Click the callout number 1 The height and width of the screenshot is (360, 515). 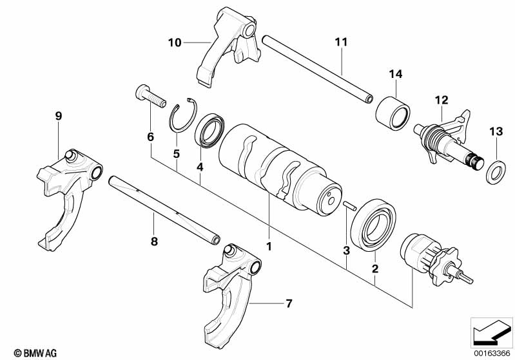[x=269, y=246]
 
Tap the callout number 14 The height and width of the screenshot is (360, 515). [x=395, y=75]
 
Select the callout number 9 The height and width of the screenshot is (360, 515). [x=59, y=116]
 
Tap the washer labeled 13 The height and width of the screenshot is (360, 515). [x=495, y=171]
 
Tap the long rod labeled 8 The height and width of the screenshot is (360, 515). [x=165, y=209]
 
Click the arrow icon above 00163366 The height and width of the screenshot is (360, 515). [x=491, y=332]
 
